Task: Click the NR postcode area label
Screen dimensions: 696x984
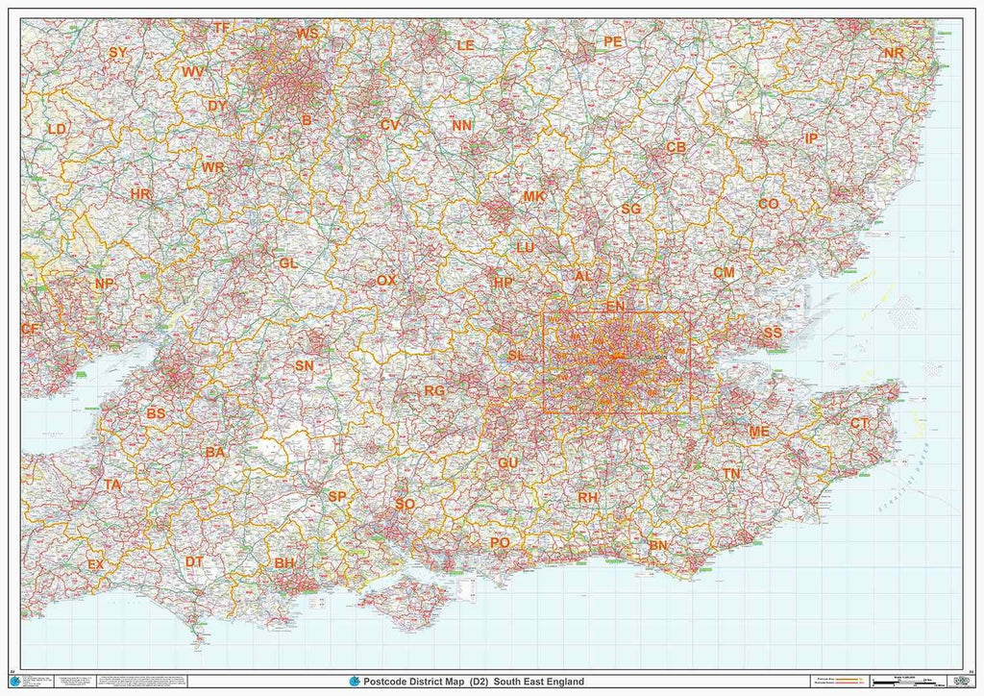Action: click(x=894, y=53)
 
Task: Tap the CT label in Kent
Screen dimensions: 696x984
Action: click(x=860, y=423)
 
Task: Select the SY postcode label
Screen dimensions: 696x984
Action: click(x=118, y=53)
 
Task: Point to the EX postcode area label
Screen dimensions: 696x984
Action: click(x=95, y=564)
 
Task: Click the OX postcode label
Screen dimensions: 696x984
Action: click(x=386, y=281)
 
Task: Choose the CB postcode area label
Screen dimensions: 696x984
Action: click(x=676, y=147)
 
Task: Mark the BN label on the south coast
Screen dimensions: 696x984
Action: click(x=658, y=545)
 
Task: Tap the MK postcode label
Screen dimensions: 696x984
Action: click(x=534, y=196)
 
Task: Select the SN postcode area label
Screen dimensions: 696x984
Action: click(x=305, y=365)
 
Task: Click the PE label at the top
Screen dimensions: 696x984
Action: click(x=612, y=41)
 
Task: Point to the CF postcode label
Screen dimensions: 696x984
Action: click(x=30, y=329)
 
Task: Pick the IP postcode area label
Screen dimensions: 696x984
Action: click(x=811, y=139)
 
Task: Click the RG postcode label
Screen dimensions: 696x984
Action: click(x=434, y=391)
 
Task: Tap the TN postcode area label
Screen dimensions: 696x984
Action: click(x=732, y=474)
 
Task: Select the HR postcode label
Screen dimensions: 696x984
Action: click(x=140, y=194)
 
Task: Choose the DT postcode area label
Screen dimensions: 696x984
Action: click(x=194, y=561)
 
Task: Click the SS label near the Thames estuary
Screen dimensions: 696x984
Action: click(x=773, y=333)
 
